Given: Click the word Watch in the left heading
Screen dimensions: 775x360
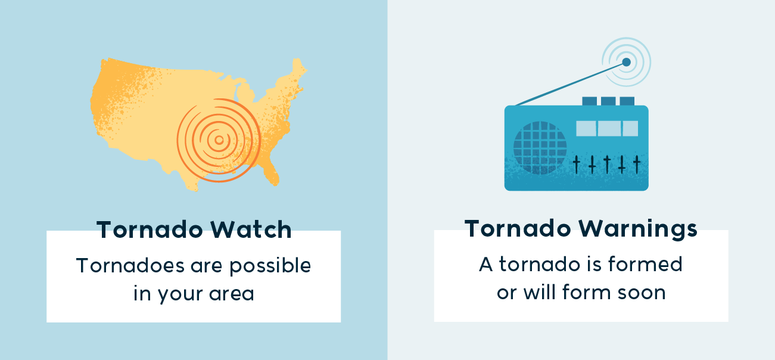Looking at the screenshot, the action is tap(251, 229).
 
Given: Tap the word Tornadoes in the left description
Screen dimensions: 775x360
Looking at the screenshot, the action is tap(130, 265).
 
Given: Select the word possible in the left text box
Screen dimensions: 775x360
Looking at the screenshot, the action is tap(270, 266).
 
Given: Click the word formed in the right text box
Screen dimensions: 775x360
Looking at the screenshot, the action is tap(645, 264).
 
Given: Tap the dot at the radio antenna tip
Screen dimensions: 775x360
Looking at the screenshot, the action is tap(626, 63).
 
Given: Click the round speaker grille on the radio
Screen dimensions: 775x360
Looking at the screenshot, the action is tap(540, 148).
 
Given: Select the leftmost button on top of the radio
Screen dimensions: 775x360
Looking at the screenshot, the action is tap(590, 101).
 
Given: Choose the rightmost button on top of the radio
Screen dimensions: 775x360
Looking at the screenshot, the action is tap(627, 101).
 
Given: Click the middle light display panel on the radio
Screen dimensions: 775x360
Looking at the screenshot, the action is tap(609, 128).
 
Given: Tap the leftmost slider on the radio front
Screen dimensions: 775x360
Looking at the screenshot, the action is tap(577, 165).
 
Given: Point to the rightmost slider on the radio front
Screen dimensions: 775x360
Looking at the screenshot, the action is tap(637, 165).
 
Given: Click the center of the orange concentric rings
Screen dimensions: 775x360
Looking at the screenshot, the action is tap(219, 140).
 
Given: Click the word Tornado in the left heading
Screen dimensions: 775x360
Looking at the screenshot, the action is tap(150, 229).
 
